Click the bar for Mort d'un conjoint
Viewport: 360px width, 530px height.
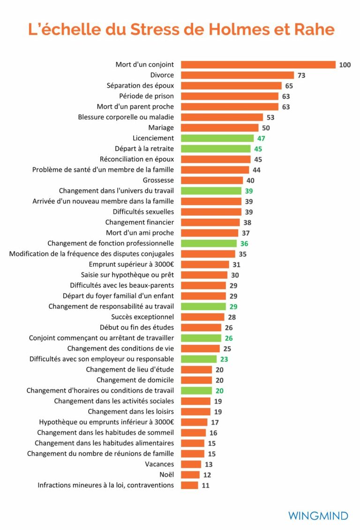coord(258,65)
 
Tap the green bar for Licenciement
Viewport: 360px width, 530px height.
coord(217,138)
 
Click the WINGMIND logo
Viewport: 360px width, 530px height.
coord(318,516)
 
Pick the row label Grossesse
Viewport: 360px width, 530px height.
coord(158,180)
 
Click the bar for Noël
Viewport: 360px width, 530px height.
coord(190,475)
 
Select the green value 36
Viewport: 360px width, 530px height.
coord(244,244)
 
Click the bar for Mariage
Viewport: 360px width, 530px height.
coord(219,127)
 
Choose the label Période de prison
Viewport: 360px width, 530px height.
coord(146,96)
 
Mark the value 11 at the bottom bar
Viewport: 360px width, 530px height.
coord(205,485)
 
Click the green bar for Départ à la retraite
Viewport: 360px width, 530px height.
coord(216,149)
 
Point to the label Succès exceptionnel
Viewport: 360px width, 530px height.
coord(142,317)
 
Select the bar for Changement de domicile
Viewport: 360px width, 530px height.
coord(196,380)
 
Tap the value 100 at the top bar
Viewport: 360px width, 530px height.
coord(345,65)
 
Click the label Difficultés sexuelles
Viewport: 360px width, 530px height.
coord(143,212)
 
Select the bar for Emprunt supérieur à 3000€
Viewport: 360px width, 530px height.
coord(205,264)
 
